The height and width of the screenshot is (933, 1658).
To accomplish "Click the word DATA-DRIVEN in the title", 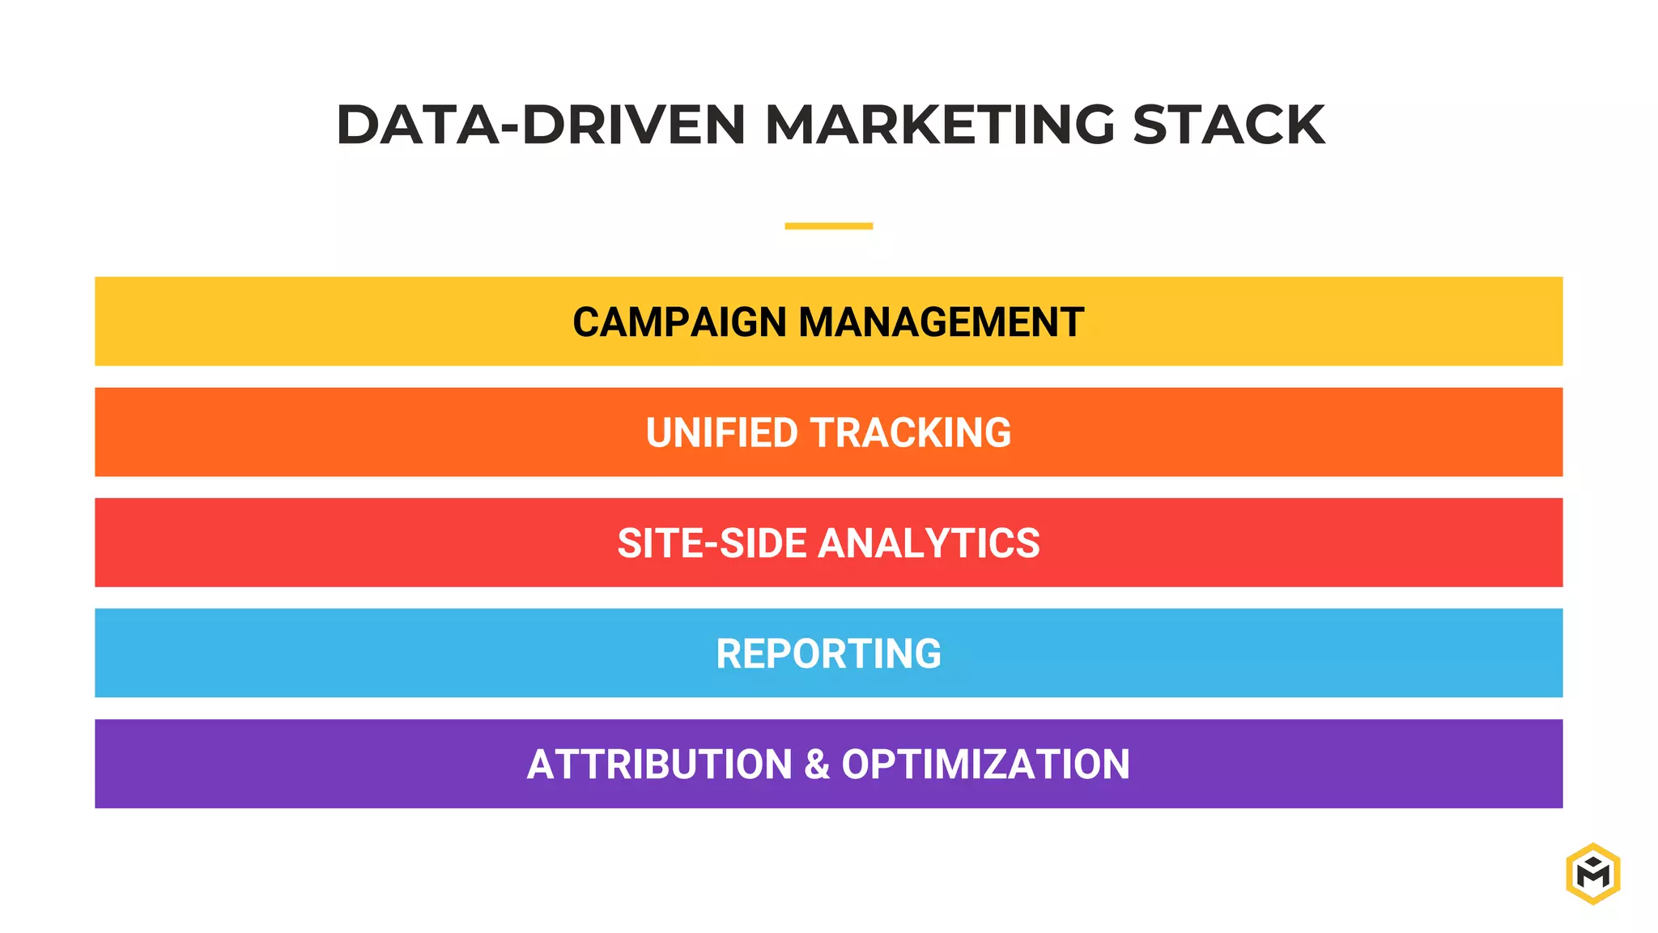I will pos(540,126).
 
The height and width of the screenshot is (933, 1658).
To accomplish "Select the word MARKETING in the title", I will pos(940,126).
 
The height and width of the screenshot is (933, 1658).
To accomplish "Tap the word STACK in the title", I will pos(1228,126).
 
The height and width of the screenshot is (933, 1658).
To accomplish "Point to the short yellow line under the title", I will pos(828,226).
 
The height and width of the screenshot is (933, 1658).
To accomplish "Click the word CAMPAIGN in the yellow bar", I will pos(679,322).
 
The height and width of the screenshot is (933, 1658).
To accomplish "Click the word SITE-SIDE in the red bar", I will pos(712,543).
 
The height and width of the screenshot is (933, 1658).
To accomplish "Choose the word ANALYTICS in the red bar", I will pos(929,543).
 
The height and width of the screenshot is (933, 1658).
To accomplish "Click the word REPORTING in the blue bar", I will pos(828,654).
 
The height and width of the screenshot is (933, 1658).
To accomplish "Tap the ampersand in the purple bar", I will pos(817,765).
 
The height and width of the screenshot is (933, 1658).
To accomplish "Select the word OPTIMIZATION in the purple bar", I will pos(985,765).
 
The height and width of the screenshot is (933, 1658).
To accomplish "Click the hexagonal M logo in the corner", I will pos(1592,873).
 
